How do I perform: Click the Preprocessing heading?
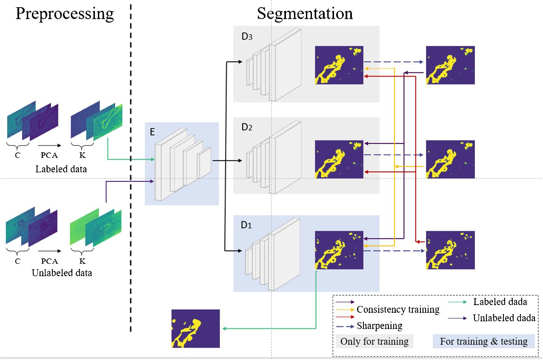click(x=65, y=14)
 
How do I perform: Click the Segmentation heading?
click(x=305, y=14)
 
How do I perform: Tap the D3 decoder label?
click(x=247, y=36)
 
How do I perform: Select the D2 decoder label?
click(x=247, y=127)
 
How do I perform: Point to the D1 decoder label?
click(x=246, y=225)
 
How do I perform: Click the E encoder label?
click(x=152, y=132)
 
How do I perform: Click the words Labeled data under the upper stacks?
click(x=61, y=169)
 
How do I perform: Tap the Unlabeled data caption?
click(x=62, y=273)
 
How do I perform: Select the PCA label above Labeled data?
click(x=49, y=155)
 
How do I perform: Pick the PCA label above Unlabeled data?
click(x=49, y=261)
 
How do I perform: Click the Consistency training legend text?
click(x=398, y=310)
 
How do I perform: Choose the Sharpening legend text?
click(x=380, y=326)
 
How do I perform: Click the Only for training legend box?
click(x=374, y=341)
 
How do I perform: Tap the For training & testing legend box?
click(x=484, y=341)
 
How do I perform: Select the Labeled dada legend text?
click(x=500, y=302)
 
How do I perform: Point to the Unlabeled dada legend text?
click(x=504, y=318)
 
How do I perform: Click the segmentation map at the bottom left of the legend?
click(x=196, y=329)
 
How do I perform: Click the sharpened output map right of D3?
click(x=450, y=65)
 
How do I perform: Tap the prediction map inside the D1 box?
click(x=339, y=250)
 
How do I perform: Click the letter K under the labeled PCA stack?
click(x=83, y=155)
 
